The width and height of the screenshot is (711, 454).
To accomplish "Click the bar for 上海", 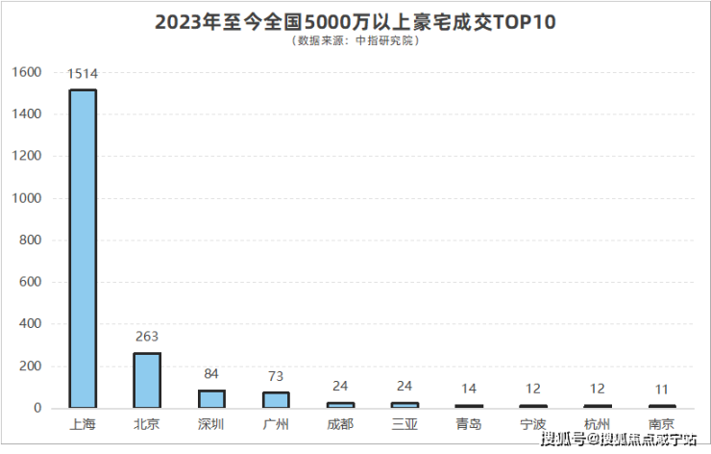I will [x=84, y=248].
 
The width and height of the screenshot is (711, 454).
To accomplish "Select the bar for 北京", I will [x=147, y=380].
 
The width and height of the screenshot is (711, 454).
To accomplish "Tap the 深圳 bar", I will [x=211, y=398].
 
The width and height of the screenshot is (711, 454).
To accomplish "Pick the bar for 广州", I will [x=276, y=399].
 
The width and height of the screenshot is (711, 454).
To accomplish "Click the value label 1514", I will [x=83, y=73].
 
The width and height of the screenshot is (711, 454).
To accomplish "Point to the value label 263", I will [x=147, y=337].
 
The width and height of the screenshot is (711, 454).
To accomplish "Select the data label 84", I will [x=211, y=374].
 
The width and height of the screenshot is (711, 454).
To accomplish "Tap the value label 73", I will [x=276, y=376].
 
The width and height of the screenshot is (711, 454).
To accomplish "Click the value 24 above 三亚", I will [x=405, y=387].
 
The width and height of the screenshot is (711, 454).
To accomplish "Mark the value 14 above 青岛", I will [x=469, y=389].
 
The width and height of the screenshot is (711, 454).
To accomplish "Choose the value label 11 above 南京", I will [x=662, y=390].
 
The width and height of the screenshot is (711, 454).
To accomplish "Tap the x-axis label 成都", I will [x=340, y=423].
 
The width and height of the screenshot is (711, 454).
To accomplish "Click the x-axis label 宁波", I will [x=533, y=423].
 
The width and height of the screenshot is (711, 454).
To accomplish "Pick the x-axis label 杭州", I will [x=598, y=423].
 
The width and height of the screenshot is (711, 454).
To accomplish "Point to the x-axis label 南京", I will [x=662, y=423].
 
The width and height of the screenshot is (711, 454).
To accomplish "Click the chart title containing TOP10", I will [x=355, y=21].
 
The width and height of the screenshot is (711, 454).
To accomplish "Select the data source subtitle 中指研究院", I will [x=355, y=41].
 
